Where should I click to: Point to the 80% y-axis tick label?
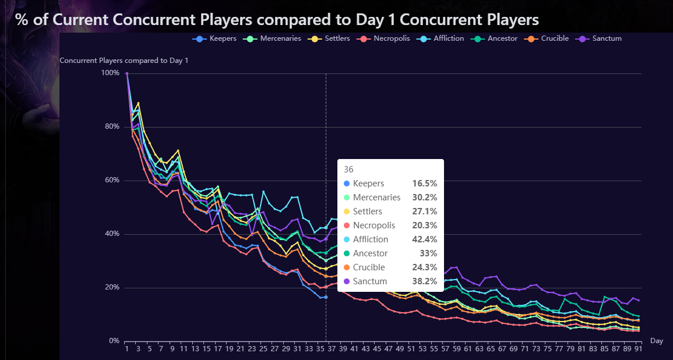pos(110,127)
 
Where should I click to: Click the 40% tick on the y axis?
pos(110,234)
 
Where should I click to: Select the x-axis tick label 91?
pos(638,349)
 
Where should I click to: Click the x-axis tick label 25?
pos(263,349)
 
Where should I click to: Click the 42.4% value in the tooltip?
pos(424,239)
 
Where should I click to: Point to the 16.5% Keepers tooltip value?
pos(424,183)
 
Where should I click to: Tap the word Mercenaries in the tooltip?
pos(376,197)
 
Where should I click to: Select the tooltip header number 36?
pos(348,170)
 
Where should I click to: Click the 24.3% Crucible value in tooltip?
pos(424,267)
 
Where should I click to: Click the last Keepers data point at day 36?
pos(326,297)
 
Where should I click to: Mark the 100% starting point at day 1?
pos(126,73)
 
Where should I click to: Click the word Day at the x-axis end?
pos(656,341)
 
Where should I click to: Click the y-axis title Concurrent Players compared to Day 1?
pos(124,61)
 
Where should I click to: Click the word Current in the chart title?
pos(82,20)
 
